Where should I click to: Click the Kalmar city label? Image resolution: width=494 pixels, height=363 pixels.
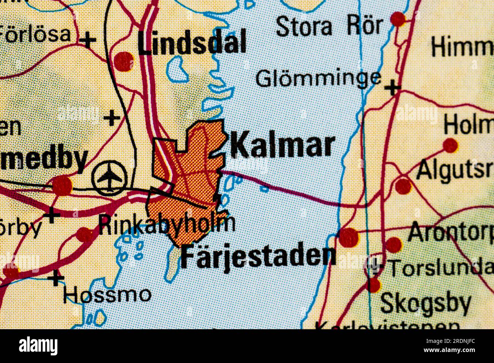tap(283, 146)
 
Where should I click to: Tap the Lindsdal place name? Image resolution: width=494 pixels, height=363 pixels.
tap(192, 43)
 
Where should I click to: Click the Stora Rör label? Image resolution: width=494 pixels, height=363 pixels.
tap(329, 27)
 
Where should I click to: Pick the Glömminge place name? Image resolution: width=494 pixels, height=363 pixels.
tap(318, 79)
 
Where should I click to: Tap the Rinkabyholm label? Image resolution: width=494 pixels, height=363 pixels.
tap(166, 224)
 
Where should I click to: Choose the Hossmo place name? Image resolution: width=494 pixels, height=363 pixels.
tap(107, 294)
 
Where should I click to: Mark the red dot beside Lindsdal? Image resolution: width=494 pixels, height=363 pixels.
tap(124, 61)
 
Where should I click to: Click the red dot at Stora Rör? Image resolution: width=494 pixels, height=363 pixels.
tap(398, 19)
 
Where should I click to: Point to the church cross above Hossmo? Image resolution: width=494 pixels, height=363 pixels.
tap(56, 278)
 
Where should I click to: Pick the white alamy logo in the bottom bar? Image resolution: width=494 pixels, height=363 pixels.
tap(38, 346)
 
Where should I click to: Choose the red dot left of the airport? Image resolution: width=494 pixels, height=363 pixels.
tap(62, 186)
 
